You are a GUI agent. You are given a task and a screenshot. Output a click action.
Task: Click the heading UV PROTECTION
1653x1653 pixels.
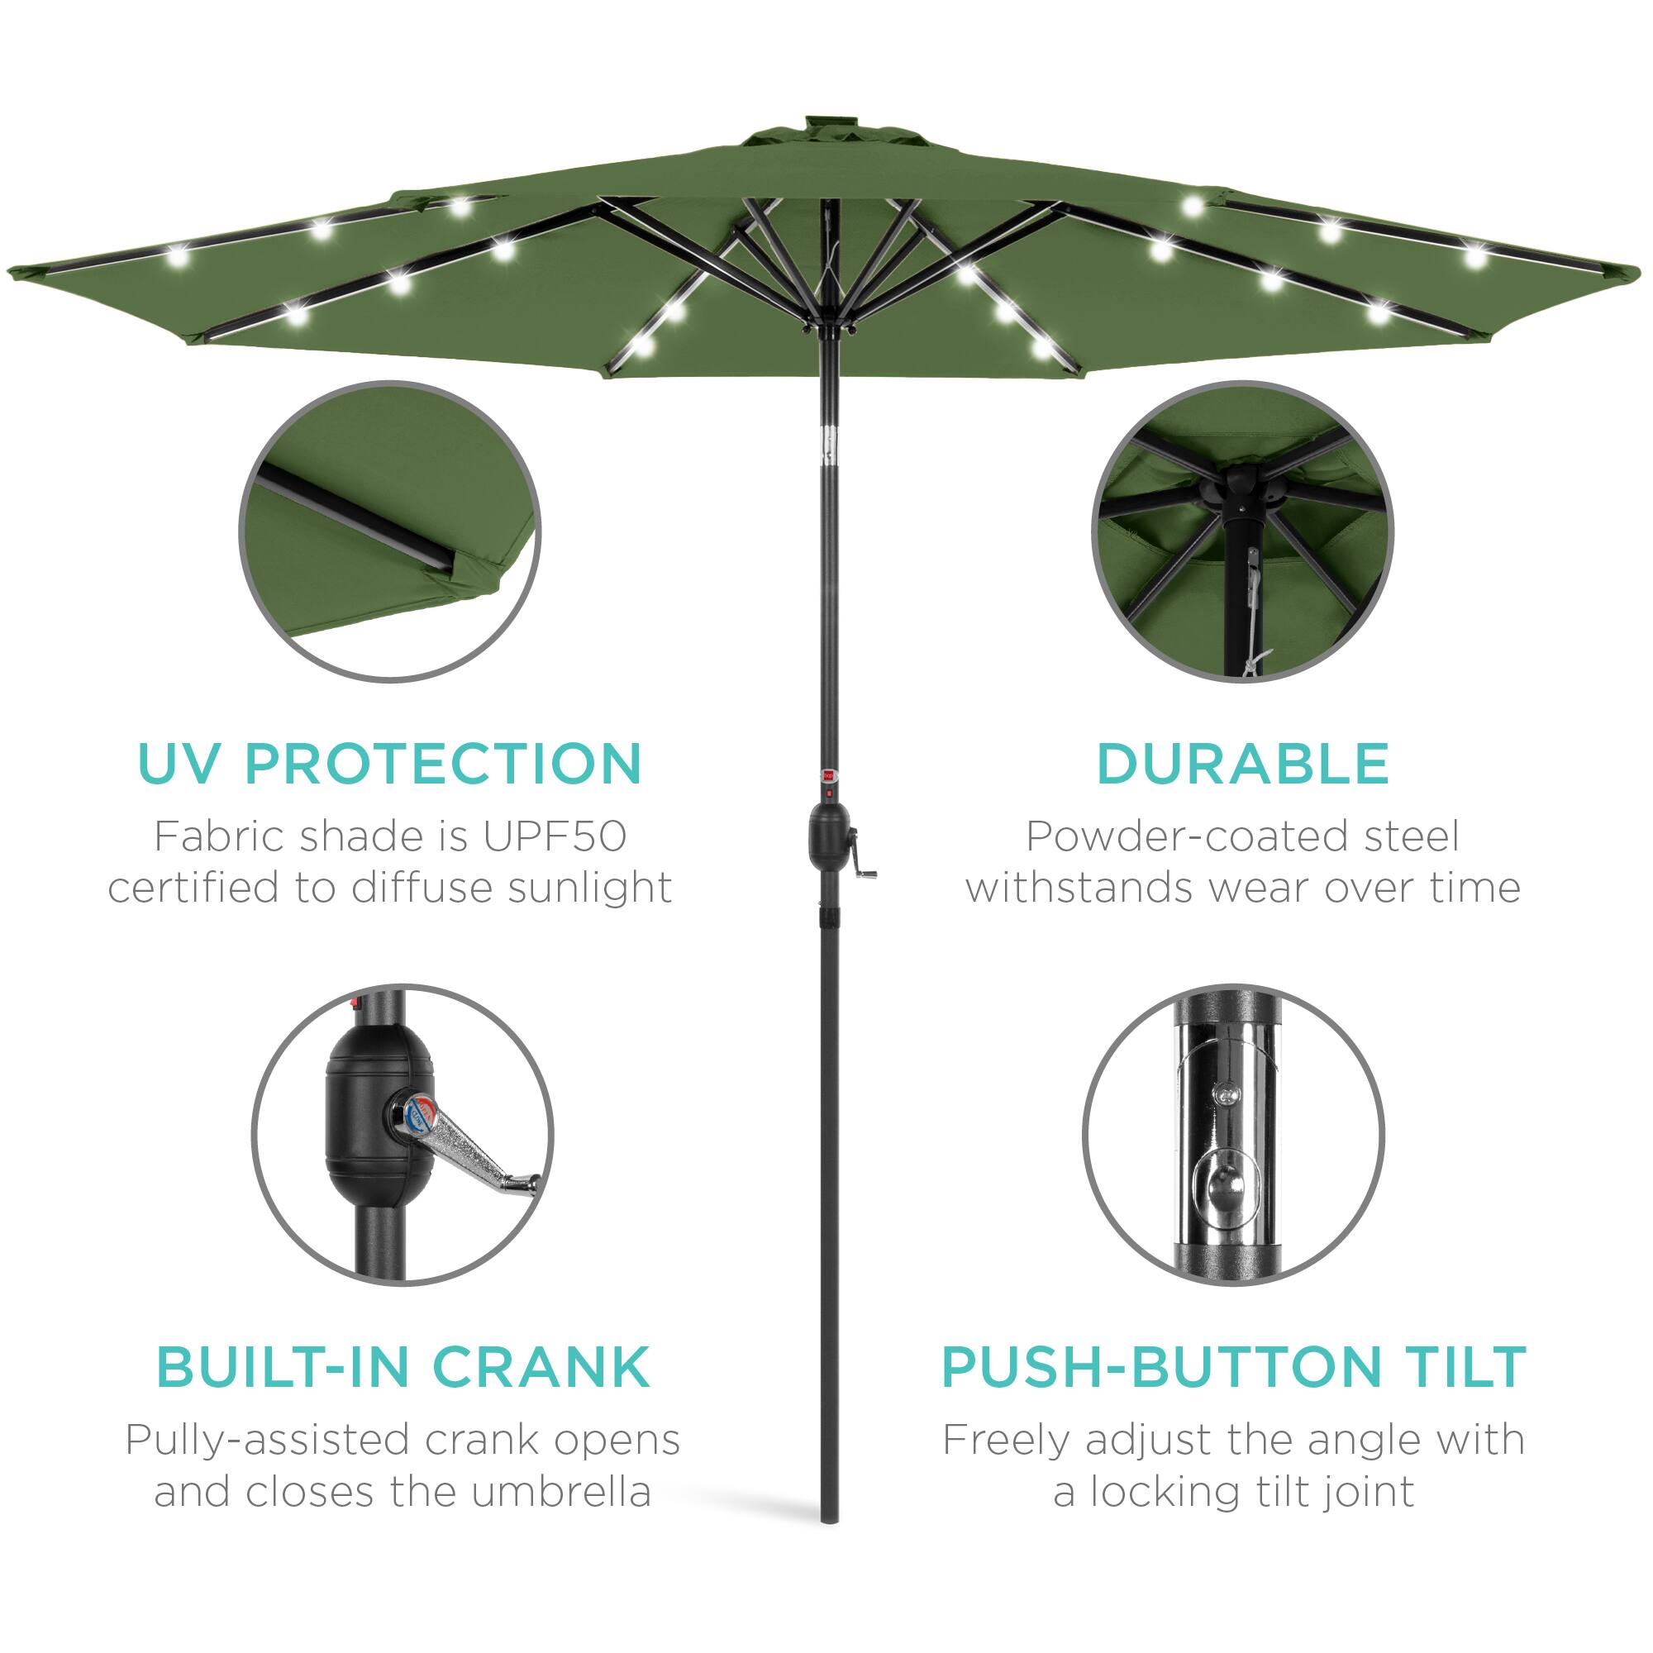click(x=389, y=763)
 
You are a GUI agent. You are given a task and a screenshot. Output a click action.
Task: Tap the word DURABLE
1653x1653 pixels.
click(x=1242, y=763)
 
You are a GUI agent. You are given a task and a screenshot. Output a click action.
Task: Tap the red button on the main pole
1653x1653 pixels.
click(x=828, y=774)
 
